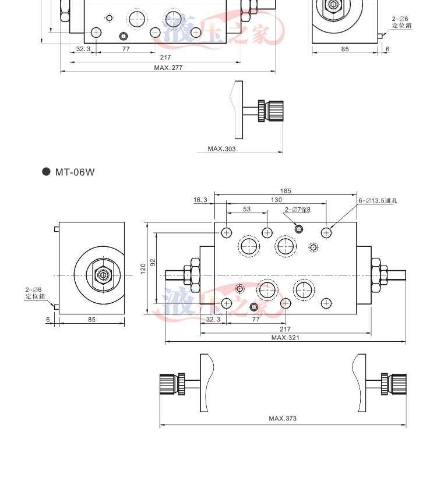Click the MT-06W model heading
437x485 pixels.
point(75,172)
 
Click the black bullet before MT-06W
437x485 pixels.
point(47,172)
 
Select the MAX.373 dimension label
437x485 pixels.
point(284,419)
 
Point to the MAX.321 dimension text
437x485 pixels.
point(286,338)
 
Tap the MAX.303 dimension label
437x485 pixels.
point(222,149)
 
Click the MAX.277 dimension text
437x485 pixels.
point(168,68)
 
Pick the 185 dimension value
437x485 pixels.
point(286,191)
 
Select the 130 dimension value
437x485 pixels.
point(276,200)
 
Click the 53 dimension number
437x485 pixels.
point(246,209)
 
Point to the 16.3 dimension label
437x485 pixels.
point(200,200)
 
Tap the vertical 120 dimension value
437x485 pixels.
point(142,268)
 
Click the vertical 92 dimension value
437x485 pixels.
point(153,263)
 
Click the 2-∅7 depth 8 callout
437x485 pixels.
point(298,210)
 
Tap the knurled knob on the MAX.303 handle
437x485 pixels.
point(274,109)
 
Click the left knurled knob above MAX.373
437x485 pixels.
point(168,384)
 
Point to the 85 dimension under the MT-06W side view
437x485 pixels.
point(91,319)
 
